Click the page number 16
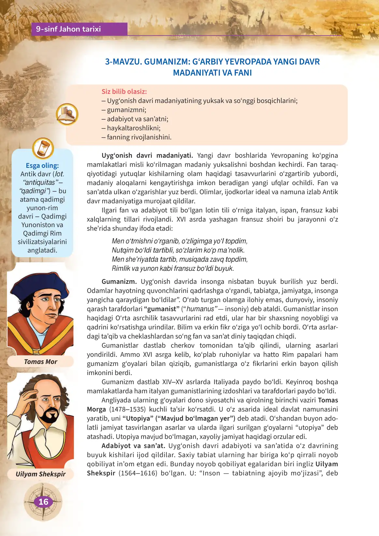[x=43, y=502]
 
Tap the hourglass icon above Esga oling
[x=43, y=148]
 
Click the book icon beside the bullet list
[x=67, y=114]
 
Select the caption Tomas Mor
[x=40, y=362]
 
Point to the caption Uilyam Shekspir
[x=41, y=474]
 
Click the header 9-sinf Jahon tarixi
[x=68, y=29]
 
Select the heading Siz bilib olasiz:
[x=124, y=92]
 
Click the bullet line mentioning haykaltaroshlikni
[x=131, y=128]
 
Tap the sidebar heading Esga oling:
[x=42, y=166]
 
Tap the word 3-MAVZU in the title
[x=123, y=62]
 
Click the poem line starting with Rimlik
[x=173, y=268]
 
